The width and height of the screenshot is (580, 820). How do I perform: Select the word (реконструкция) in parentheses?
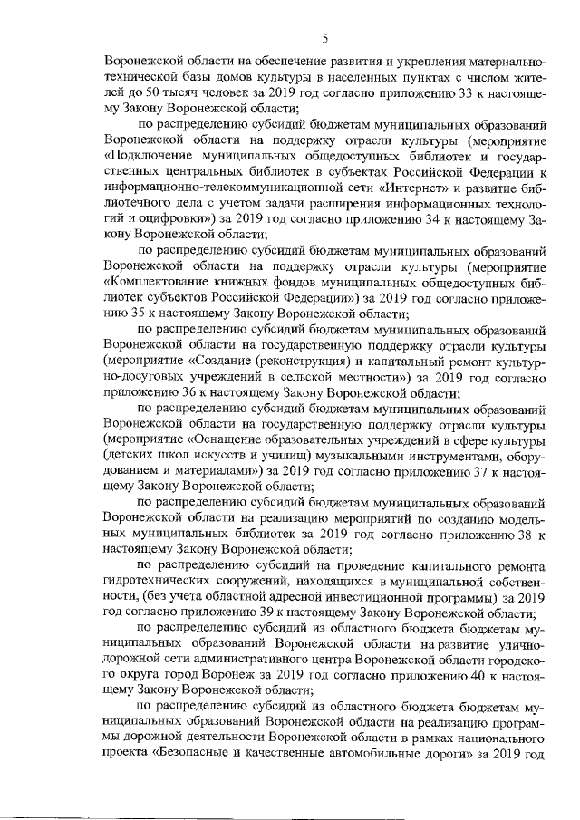coord(304,362)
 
